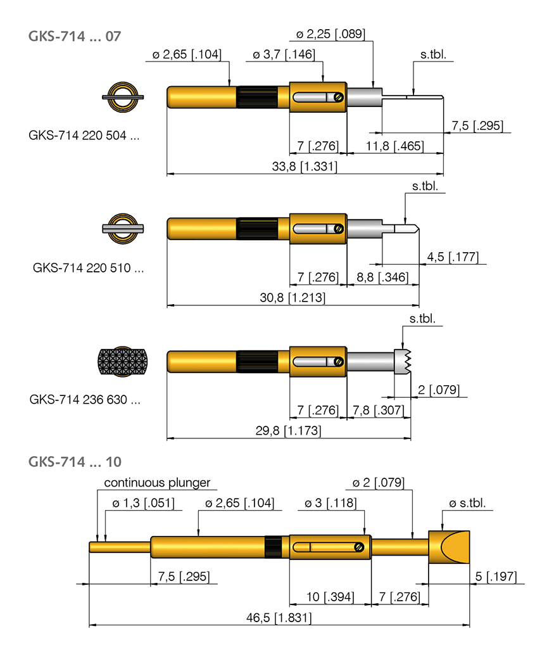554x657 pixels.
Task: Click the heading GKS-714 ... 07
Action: (x=74, y=35)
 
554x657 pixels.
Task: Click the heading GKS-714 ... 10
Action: (x=74, y=462)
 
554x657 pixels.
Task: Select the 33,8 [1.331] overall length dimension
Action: (x=305, y=167)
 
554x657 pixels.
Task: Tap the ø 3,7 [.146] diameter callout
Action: (x=284, y=55)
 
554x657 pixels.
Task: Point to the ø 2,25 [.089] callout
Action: (x=331, y=34)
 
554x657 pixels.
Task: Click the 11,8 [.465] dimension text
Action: (x=397, y=146)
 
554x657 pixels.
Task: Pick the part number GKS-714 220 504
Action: (x=84, y=135)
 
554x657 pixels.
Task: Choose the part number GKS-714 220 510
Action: (x=88, y=268)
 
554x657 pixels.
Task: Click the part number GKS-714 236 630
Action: (x=85, y=400)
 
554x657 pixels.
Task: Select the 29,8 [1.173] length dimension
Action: (x=289, y=431)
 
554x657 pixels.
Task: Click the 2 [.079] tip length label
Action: (x=438, y=389)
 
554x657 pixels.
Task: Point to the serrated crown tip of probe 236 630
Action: (x=402, y=362)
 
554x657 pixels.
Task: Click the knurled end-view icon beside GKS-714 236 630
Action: (x=123, y=362)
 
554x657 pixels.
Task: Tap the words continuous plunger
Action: (x=157, y=483)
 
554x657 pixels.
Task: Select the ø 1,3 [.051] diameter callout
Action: (x=142, y=503)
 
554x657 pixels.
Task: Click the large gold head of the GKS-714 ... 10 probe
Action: (x=450, y=547)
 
